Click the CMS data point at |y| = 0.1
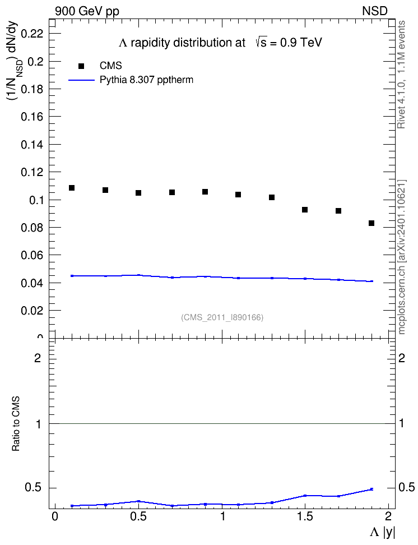point(72,188)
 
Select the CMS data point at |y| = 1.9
point(371,223)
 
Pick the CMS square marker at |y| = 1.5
point(305,210)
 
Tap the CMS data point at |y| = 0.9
point(205,192)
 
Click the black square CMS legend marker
point(81,66)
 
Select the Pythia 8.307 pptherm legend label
point(146,80)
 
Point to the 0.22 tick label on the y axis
point(32,34)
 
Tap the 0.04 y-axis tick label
point(32,283)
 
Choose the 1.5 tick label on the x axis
point(305,516)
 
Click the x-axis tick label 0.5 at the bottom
point(138,516)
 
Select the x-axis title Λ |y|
point(383,532)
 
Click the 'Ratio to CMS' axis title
point(16,424)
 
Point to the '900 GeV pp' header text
point(87,11)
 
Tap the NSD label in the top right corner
point(374,11)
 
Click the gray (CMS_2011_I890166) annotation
point(222,317)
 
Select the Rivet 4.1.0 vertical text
point(401,75)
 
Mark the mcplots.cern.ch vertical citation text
point(401,257)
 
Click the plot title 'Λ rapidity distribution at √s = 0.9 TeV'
point(220,43)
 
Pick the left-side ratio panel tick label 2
point(38,358)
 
